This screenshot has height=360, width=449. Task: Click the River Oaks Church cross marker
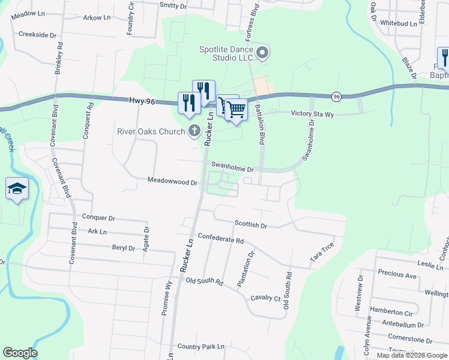coord(194,130)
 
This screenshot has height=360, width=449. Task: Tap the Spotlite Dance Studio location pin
coord(262,54)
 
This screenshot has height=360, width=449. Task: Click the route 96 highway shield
coord(336,96)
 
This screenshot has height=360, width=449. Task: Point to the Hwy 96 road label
coord(142,102)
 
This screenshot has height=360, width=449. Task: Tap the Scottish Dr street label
coord(251,225)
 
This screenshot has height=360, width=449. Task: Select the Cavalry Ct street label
coord(265,298)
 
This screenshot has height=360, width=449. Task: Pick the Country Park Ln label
coord(200,346)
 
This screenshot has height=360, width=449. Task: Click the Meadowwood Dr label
coord(173,181)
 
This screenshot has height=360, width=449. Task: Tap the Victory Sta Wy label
coord(312,113)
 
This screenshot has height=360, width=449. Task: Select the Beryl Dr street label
coord(124,247)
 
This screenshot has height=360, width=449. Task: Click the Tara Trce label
coord(322,253)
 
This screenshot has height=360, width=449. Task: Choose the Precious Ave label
coord(397,275)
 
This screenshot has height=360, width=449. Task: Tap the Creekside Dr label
coord(37,34)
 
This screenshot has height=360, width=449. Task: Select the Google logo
coord(20,353)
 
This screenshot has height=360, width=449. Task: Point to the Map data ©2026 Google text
coord(412,355)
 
